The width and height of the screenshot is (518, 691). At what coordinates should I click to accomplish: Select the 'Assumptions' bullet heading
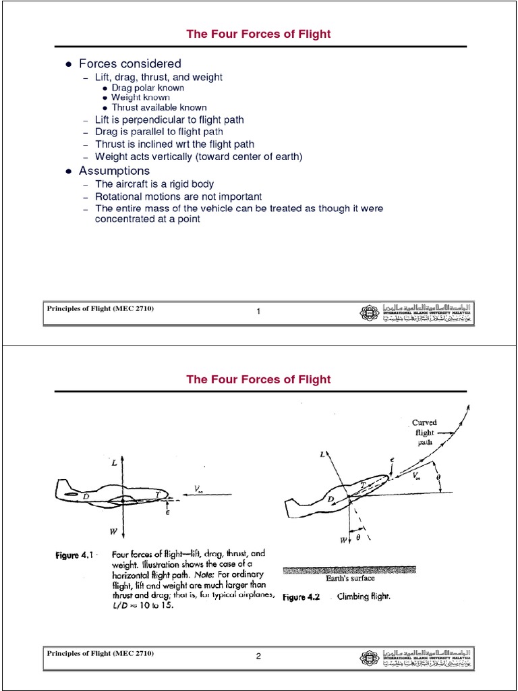114,171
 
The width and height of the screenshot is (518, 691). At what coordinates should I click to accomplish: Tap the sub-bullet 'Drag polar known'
148,88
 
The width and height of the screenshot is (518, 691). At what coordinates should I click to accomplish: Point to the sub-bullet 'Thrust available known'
159,107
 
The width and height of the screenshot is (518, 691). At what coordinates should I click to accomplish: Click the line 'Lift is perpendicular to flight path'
169,119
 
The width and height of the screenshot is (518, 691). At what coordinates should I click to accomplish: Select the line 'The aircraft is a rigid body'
154,184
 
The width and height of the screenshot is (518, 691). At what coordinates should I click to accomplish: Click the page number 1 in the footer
258,310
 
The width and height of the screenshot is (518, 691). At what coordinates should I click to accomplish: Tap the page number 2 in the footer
258,655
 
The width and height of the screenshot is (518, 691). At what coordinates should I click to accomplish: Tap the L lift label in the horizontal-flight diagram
114,464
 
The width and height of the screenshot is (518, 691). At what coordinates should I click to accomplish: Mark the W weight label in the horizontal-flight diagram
114,532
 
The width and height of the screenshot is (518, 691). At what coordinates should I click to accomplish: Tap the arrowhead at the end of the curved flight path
467,408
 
